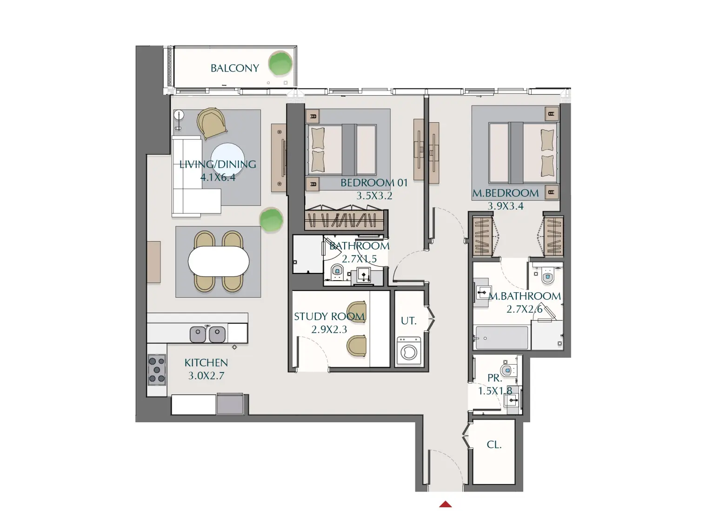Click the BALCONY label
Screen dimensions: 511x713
[234, 68]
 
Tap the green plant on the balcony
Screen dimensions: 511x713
[280, 64]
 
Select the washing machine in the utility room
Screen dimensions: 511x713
[408, 352]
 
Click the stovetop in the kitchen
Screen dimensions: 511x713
[157, 370]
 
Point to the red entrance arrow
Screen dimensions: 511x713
[446, 504]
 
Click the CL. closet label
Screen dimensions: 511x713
[494, 445]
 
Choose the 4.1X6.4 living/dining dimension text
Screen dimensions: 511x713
[218, 177]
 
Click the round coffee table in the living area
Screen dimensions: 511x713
[228, 157]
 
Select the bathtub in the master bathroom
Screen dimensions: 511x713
[501, 338]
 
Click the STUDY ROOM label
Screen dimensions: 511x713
[329, 317]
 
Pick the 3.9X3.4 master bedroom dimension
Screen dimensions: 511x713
[505, 206]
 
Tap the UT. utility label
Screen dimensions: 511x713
[408, 321]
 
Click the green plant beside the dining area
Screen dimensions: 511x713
[271, 220]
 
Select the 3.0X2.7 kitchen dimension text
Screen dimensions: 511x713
[206, 376]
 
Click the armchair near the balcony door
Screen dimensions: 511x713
[212, 123]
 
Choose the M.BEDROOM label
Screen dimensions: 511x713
[505, 193]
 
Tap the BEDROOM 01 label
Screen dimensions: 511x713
[374, 183]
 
